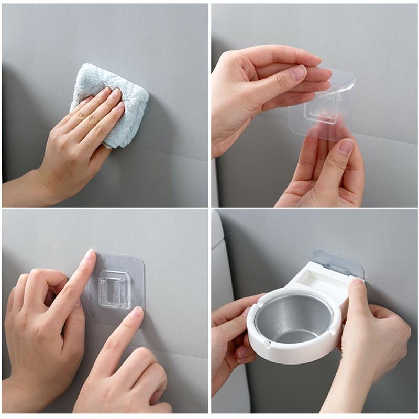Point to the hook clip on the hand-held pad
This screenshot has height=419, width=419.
tap(321, 110)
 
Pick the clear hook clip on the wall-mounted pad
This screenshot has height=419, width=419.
tap(114, 288)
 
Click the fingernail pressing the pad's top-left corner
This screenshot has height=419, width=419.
tap(90, 256)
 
